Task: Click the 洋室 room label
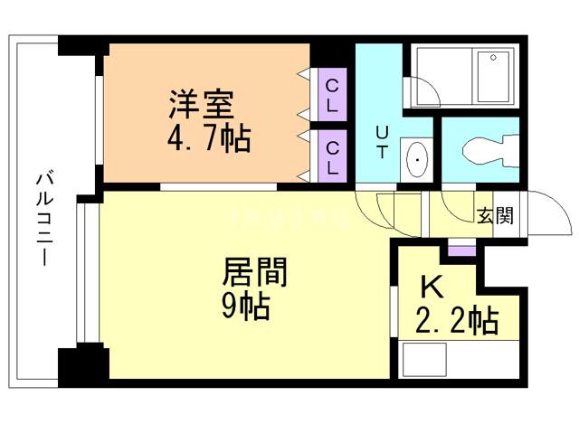coord(202,104)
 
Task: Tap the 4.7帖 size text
coord(209,138)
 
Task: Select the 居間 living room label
coord(254,272)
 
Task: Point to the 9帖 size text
coord(245,307)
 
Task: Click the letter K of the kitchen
coord(432,288)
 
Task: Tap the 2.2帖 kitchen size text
coord(457,320)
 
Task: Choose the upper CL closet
coord(332,94)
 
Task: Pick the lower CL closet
coord(332,156)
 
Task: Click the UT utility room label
coord(382,142)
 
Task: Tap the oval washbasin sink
coord(417,160)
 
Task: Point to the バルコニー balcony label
coord(44,219)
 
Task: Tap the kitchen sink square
coord(424,360)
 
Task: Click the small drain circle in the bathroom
coord(493,58)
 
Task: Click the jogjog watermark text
coord(288,217)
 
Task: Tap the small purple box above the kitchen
coord(461,251)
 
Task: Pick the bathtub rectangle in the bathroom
coord(493,77)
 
